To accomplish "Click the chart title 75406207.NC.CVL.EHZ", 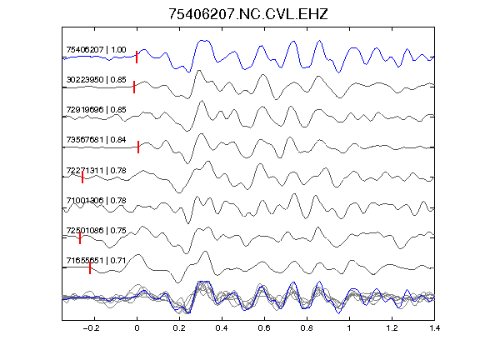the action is tap(248, 14).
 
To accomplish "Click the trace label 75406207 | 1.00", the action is tap(96, 50).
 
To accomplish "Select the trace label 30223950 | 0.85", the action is tap(96, 80).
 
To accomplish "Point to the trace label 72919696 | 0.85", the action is tap(96, 110).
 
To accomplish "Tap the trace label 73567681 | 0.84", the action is tap(96, 140).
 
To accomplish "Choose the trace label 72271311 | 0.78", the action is tap(96, 170).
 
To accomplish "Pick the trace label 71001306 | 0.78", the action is tap(96, 200).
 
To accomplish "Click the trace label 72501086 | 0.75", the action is tap(96, 230).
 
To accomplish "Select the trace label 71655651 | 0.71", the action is tap(96, 260).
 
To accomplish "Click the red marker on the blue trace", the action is tap(137, 57).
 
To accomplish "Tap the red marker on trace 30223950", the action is tap(134, 87).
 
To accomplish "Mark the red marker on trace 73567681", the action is tap(138, 147).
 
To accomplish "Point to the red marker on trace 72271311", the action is tap(82, 177).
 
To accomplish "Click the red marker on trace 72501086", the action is tap(80, 237).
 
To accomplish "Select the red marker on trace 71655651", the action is tap(90, 267).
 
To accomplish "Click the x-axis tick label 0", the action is tap(137, 328).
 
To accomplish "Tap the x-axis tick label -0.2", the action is tap(92, 328).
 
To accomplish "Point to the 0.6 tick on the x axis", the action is tap(264, 328).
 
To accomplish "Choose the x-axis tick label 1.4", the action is tap(435, 328).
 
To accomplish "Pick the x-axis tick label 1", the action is tap(349, 328).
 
